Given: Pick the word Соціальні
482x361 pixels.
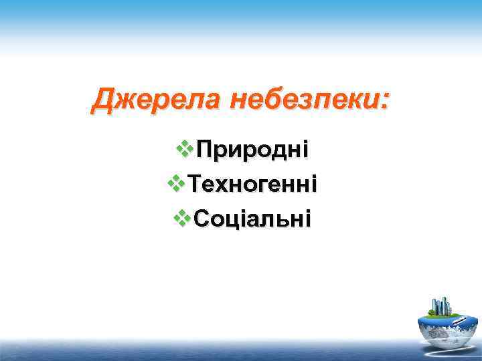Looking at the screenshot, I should (x=252, y=218).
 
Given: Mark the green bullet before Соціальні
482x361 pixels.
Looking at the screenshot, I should (x=183, y=218).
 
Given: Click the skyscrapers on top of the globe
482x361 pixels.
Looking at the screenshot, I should (x=442, y=306).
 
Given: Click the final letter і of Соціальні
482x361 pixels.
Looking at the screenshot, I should (x=307, y=218).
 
